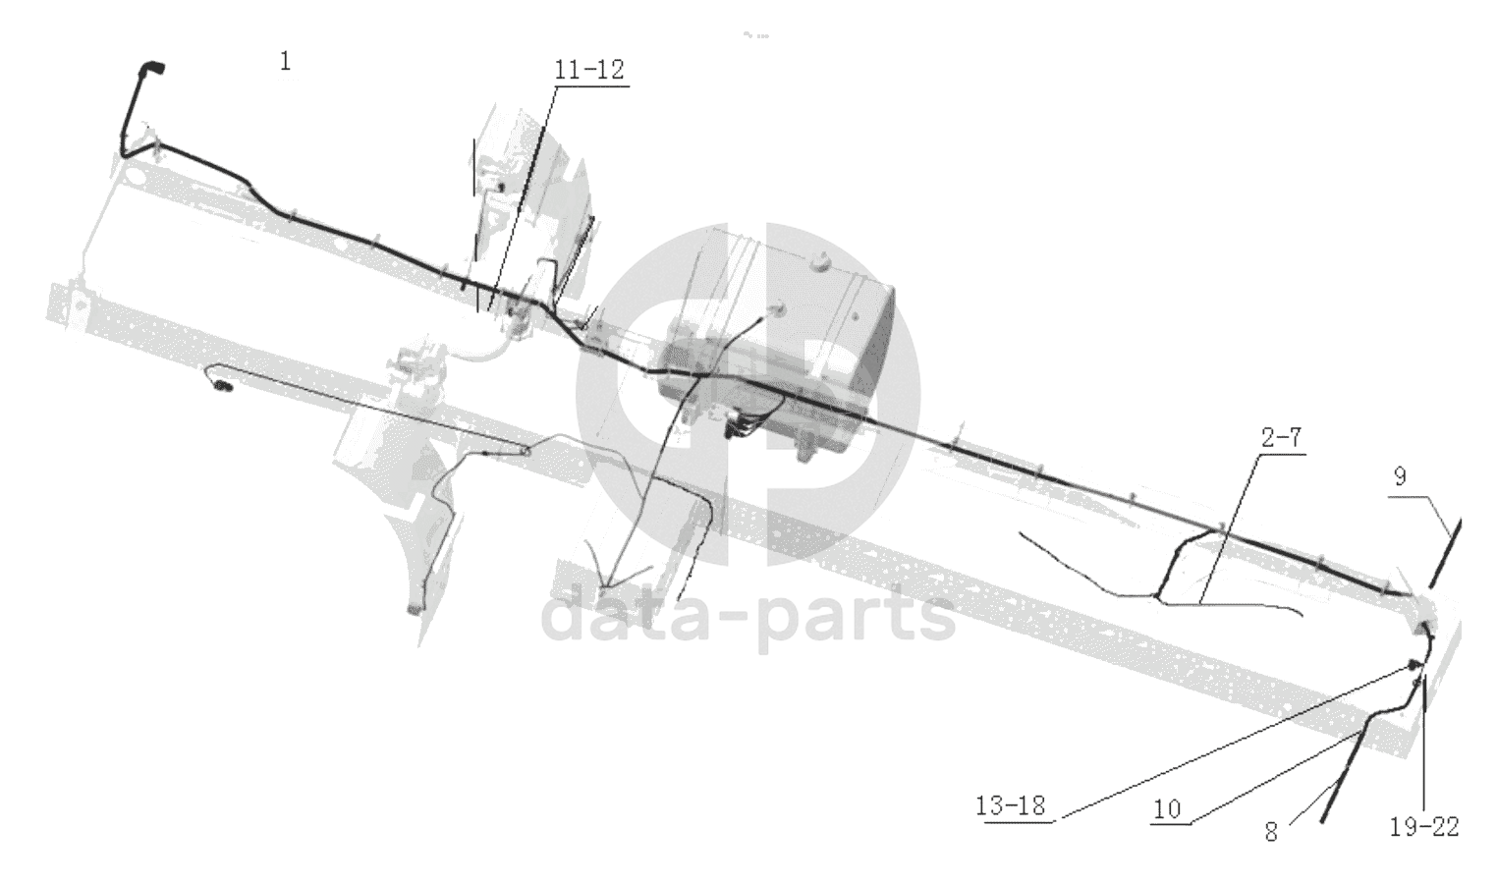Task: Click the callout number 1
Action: click(286, 62)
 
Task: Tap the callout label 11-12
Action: click(589, 70)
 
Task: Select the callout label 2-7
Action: click(1281, 438)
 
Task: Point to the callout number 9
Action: click(1400, 476)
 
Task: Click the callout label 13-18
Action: click(1011, 805)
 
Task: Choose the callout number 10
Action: click(1168, 809)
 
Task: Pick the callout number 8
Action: click(1271, 832)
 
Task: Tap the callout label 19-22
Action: click(1424, 827)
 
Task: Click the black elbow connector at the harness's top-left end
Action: click(151, 68)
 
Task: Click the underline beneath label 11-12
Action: click(590, 86)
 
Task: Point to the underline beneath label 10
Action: click(1170, 824)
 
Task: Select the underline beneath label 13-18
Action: click(1019, 821)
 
